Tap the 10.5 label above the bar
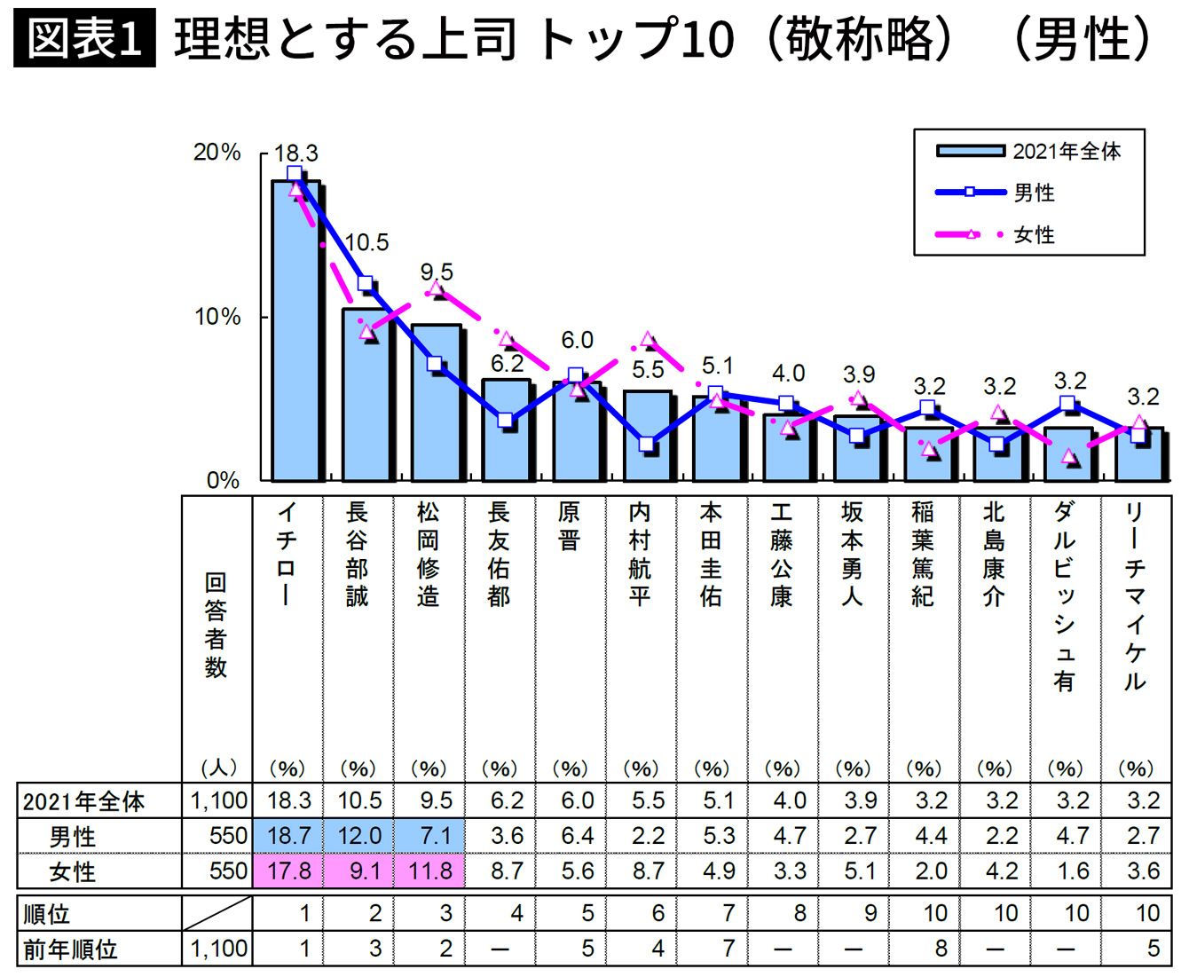(366, 242)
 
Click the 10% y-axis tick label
(217, 317)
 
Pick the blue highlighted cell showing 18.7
(289, 836)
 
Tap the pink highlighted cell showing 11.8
(430, 871)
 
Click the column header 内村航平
(640, 554)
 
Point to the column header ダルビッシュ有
(1065, 595)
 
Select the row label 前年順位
(71, 949)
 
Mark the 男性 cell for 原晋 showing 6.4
(577, 836)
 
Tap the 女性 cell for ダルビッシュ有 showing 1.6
(1072, 871)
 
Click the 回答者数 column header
(216, 625)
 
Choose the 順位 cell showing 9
(870, 913)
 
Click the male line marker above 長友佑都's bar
(505, 421)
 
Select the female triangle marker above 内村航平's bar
(647, 340)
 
